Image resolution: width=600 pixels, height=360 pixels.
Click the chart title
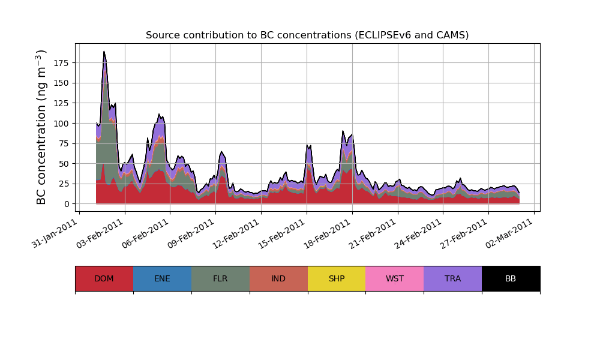[307, 35]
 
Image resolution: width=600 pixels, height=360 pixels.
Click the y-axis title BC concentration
[41, 127]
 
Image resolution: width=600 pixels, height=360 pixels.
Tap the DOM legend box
[104, 278]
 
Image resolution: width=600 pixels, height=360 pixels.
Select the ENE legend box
[162, 278]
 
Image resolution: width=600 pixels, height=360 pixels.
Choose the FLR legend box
[220, 278]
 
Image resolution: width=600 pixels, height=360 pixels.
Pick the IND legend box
[278, 278]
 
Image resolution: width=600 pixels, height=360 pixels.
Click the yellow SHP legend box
[337, 278]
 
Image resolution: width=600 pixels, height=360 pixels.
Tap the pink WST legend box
[395, 278]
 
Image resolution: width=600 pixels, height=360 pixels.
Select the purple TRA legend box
[453, 278]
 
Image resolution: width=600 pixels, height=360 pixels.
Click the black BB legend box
[511, 278]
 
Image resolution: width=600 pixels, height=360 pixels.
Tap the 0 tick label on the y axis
[67, 204]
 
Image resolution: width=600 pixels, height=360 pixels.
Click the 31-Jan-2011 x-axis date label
[55, 232]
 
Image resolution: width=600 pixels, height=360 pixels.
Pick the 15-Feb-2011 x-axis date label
[283, 232]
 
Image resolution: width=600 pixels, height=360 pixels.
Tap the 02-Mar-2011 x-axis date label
[511, 232]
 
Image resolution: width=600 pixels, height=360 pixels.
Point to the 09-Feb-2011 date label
[192, 232]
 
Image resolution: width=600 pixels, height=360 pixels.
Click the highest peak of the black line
[104, 52]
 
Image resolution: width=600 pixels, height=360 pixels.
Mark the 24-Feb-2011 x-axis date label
[419, 232]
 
